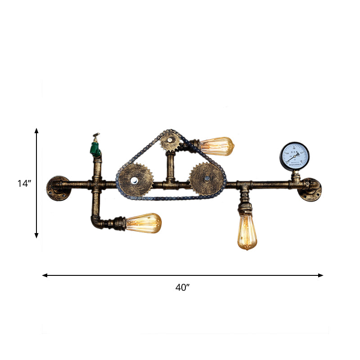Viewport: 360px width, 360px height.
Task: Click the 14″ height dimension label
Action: pos(24,183)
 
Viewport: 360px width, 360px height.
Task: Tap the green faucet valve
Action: pos(95,147)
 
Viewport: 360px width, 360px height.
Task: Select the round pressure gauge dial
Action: pos(295,156)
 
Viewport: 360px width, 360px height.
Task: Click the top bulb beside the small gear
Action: pos(217,145)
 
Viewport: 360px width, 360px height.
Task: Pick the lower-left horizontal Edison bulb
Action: pos(143,223)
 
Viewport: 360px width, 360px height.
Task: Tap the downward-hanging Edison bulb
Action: pos(247,231)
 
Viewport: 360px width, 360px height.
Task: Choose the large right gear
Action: pos(207,179)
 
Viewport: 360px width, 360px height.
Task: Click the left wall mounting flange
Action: pos(57,187)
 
